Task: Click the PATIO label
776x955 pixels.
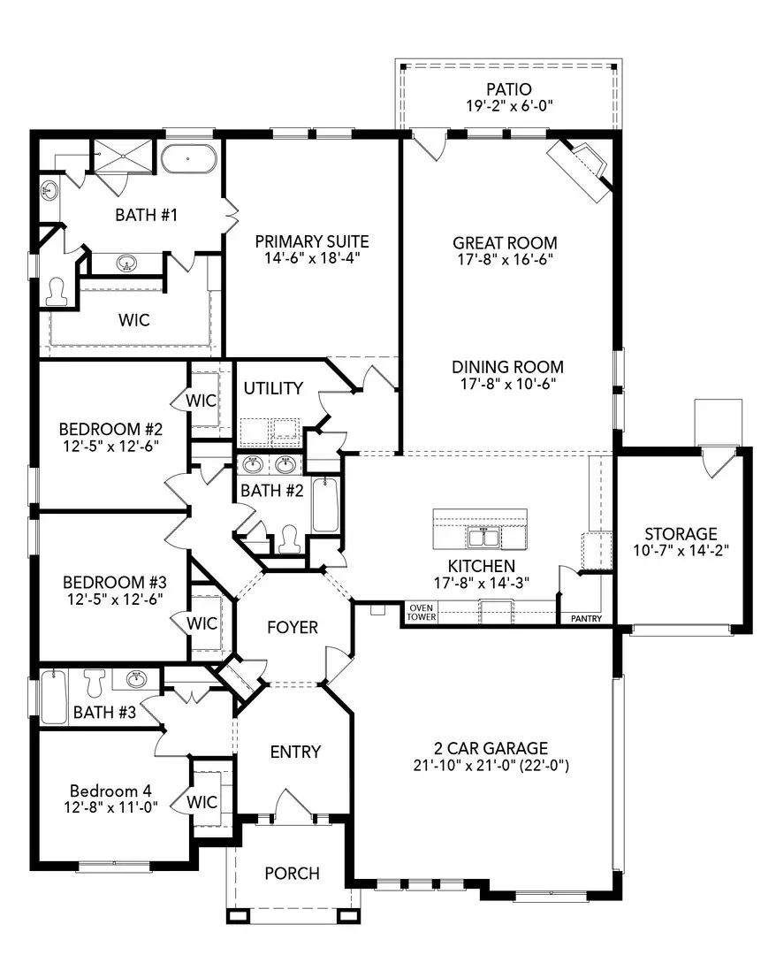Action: click(508, 89)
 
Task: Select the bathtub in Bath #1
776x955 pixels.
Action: click(188, 158)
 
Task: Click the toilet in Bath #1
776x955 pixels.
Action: click(57, 291)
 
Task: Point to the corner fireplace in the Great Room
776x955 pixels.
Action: click(579, 167)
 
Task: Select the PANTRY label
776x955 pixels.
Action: click(587, 619)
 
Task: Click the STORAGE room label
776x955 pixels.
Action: click(680, 534)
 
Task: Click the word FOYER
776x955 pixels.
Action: click(292, 627)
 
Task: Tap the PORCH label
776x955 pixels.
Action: click(292, 873)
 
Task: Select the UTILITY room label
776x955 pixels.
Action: click(273, 388)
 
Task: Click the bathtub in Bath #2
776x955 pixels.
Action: click(324, 505)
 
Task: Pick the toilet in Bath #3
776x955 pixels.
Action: click(94, 681)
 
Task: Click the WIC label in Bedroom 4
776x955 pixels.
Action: click(202, 803)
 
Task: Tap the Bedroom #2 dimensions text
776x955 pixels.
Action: click(112, 447)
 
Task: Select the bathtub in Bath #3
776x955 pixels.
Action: click(53, 697)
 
